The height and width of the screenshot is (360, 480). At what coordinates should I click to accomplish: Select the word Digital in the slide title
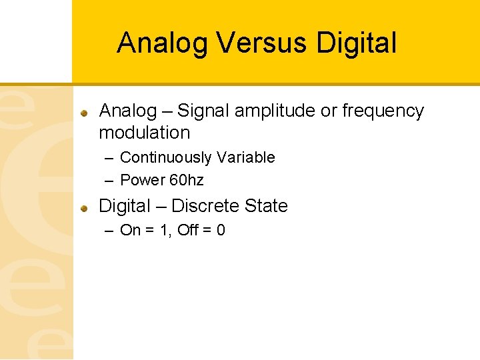click(357, 43)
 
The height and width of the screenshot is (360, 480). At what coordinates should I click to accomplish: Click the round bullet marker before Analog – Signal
click(85, 113)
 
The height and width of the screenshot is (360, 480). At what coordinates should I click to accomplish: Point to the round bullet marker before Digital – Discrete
click(85, 208)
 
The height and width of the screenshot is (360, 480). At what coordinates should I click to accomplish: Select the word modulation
click(144, 132)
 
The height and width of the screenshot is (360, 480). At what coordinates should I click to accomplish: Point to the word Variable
click(243, 157)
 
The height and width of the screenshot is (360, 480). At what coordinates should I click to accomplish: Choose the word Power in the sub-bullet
click(141, 180)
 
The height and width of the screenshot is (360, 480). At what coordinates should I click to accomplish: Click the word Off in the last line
click(188, 230)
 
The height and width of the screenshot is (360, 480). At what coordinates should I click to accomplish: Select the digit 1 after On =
click(164, 230)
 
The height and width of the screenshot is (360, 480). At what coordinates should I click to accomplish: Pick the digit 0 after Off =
click(221, 230)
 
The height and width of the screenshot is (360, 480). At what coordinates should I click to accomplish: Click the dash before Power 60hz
click(109, 180)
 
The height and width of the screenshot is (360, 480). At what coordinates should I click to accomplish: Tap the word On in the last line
click(130, 230)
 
